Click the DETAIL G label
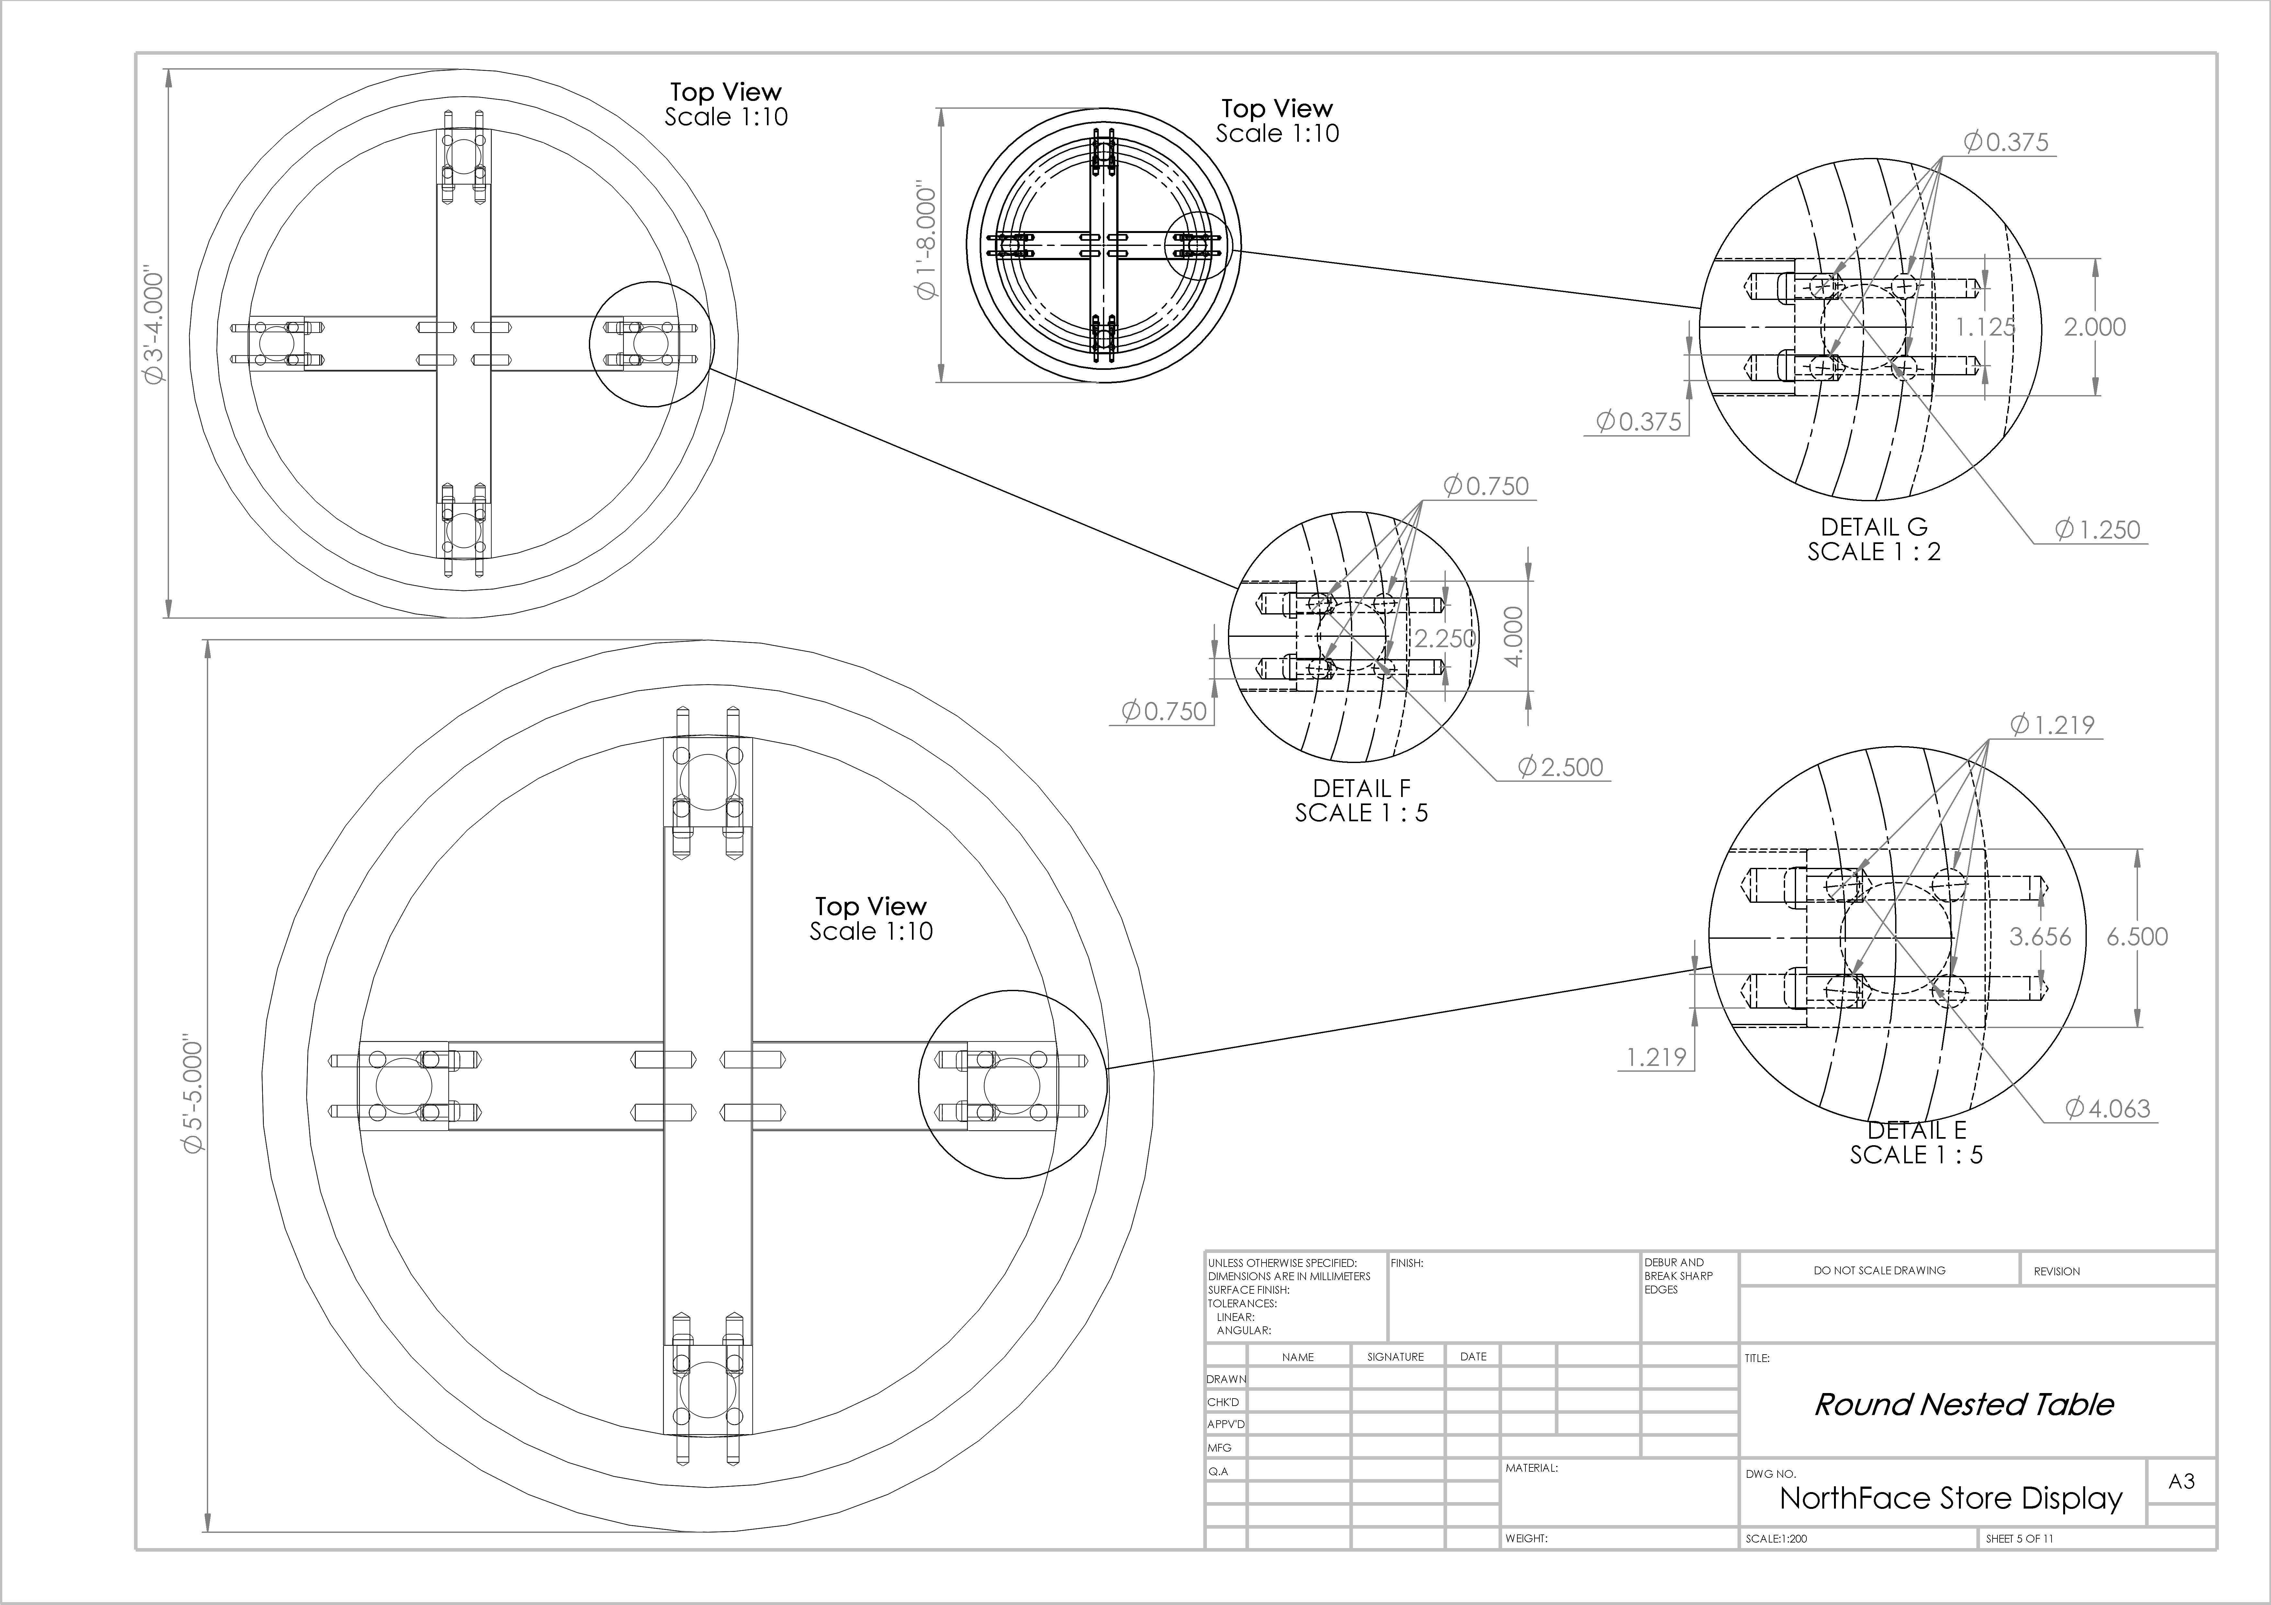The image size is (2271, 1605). click(1874, 527)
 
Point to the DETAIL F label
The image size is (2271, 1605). click(1362, 788)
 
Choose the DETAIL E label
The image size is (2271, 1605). click(1917, 1129)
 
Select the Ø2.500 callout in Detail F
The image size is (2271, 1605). click(1561, 768)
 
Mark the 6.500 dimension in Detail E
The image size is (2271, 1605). click(2136, 936)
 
